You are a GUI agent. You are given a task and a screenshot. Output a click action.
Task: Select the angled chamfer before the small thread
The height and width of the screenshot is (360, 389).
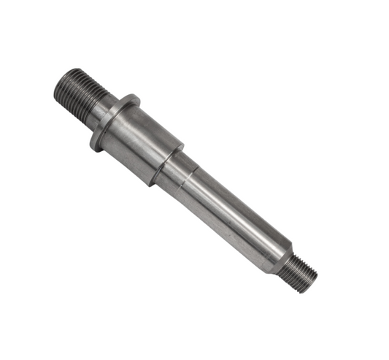click(282, 256)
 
